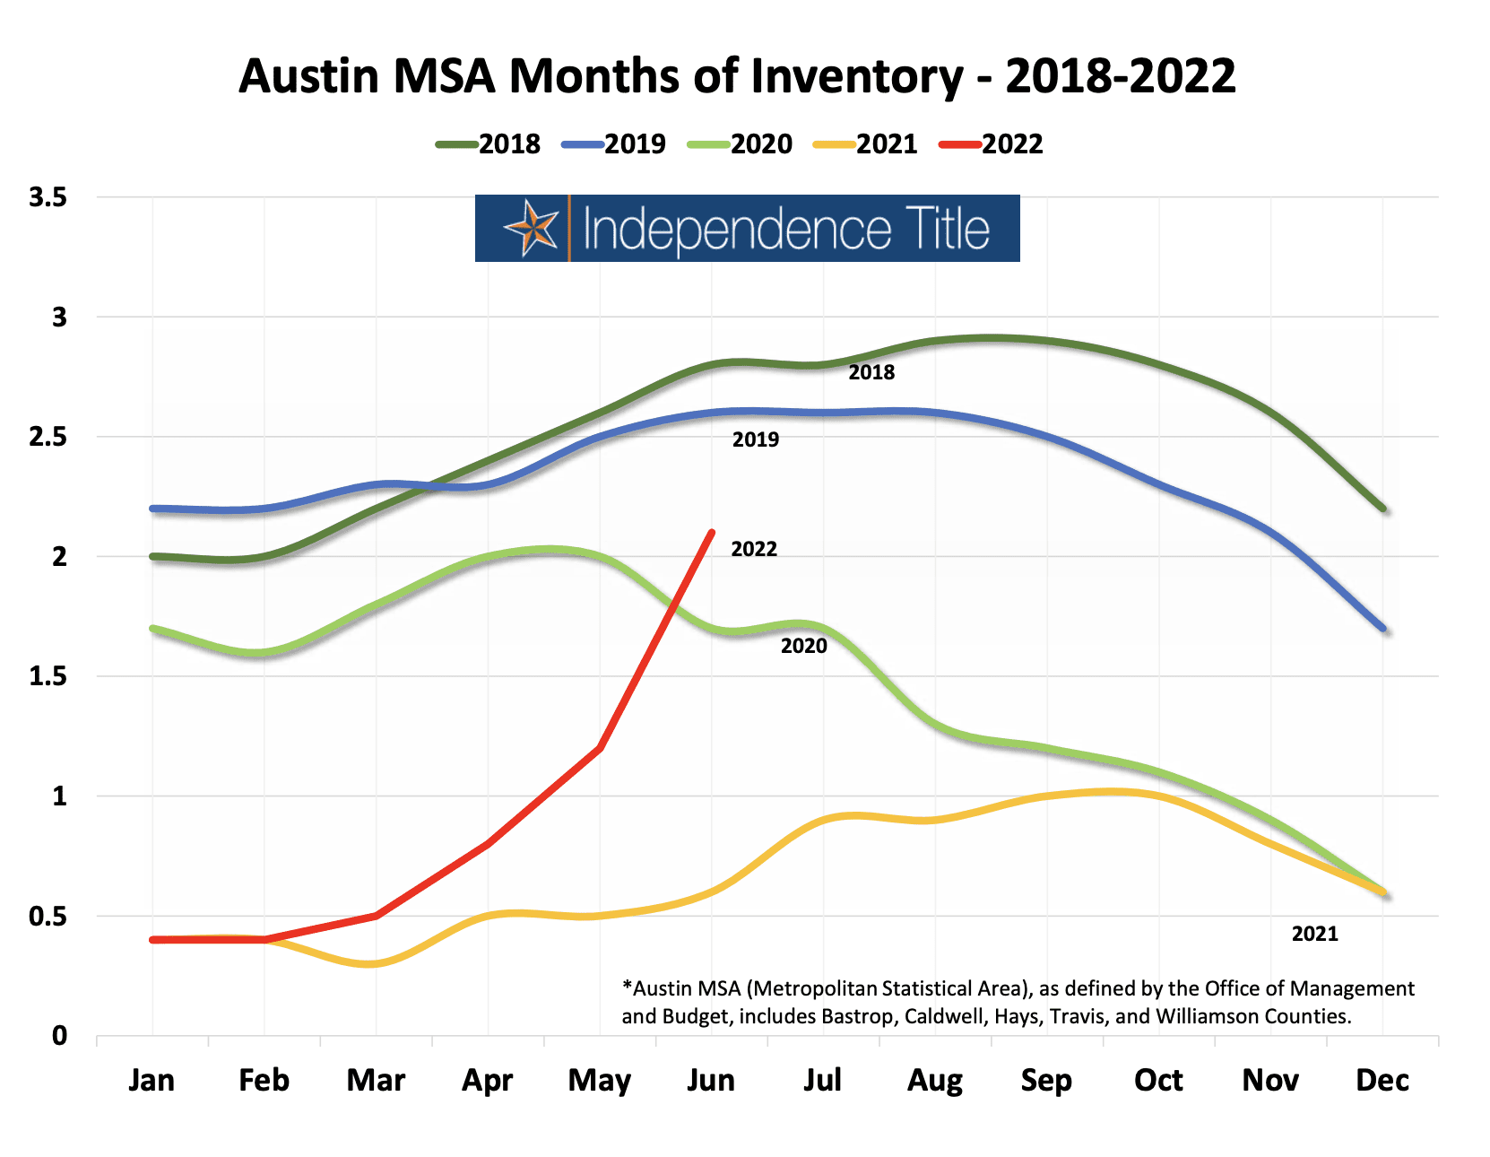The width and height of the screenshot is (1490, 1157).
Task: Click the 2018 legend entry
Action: point(489,144)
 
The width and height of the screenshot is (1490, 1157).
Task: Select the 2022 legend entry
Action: point(992,144)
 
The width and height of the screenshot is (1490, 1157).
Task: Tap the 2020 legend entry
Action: point(741,144)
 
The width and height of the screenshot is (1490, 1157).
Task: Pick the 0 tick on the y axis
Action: point(59,1036)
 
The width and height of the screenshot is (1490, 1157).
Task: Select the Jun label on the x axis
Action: point(711,1080)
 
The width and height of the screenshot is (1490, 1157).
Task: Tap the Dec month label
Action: point(1382,1080)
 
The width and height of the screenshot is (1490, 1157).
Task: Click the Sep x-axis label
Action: point(1046,1080)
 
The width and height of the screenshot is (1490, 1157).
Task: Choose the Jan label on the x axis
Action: point(152,1080)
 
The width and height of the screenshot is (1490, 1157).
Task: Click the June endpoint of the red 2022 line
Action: point(712,533)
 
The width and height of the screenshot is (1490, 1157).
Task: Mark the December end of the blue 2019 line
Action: point(1383,629)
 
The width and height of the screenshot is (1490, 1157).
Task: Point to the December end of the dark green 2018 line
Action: point(1383,509)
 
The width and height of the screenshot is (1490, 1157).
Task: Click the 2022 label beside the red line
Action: point(754,549)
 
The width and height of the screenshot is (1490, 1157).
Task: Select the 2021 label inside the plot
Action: point(1314,934)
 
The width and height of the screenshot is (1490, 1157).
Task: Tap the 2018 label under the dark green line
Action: point(871,372)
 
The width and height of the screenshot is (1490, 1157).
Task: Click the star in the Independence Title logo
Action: point(533,229)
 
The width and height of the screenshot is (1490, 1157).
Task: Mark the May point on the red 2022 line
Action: point(600,748)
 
